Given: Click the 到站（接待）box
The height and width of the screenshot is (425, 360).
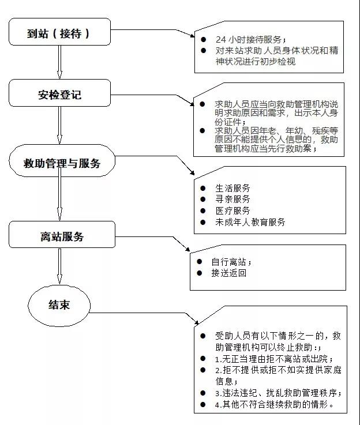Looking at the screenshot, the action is tap(59, 32).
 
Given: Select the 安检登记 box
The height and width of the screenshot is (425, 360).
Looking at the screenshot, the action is tap(59, 93).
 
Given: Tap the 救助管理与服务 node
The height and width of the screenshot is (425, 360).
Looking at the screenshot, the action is tap(62, 160).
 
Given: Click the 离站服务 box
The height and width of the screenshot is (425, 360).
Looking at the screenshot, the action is tap(62, 235).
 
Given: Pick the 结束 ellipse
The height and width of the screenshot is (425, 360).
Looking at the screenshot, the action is tap(59, 306).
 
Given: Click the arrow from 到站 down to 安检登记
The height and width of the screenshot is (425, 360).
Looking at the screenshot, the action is tap(59, 62).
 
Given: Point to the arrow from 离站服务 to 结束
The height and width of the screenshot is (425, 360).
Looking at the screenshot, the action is tap(59, 266).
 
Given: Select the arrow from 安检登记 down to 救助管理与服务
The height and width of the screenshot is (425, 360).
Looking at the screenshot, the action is tap(59, 125).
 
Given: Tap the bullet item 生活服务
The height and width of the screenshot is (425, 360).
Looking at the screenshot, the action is tap(232, 188).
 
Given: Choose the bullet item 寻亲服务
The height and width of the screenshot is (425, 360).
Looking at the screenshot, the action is tap(232, 199).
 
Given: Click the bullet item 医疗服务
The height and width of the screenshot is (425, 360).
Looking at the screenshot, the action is tap(232, 210).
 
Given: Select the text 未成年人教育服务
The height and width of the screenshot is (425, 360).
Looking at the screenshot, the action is tap(250, 222).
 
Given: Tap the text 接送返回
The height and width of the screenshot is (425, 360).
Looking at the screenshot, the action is tap(229, 273).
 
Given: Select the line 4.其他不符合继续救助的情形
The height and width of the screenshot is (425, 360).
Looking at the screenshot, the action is tap(274, 404).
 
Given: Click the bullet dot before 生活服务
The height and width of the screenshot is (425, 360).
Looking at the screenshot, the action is tap(202, 188).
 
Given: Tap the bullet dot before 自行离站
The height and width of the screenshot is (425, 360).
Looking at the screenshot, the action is tap(200, 262).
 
